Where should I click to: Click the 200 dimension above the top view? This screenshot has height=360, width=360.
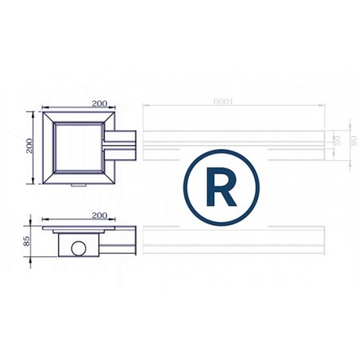pos(100,104)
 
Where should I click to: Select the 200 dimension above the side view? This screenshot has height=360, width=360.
pos(100,215)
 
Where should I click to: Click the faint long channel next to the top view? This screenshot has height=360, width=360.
pos(239,144)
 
